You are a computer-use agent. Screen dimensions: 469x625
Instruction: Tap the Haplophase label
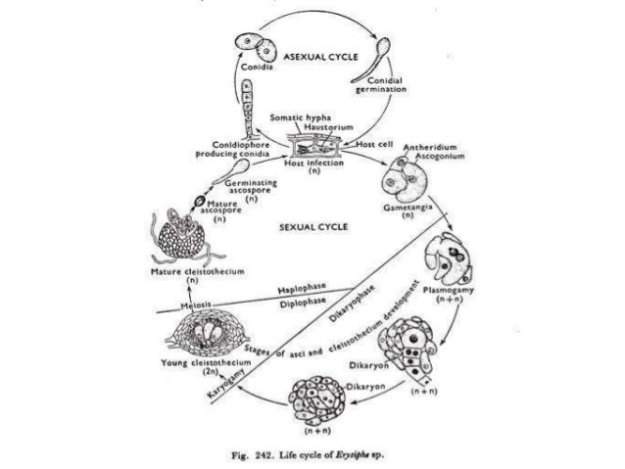[x=301, y=292]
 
